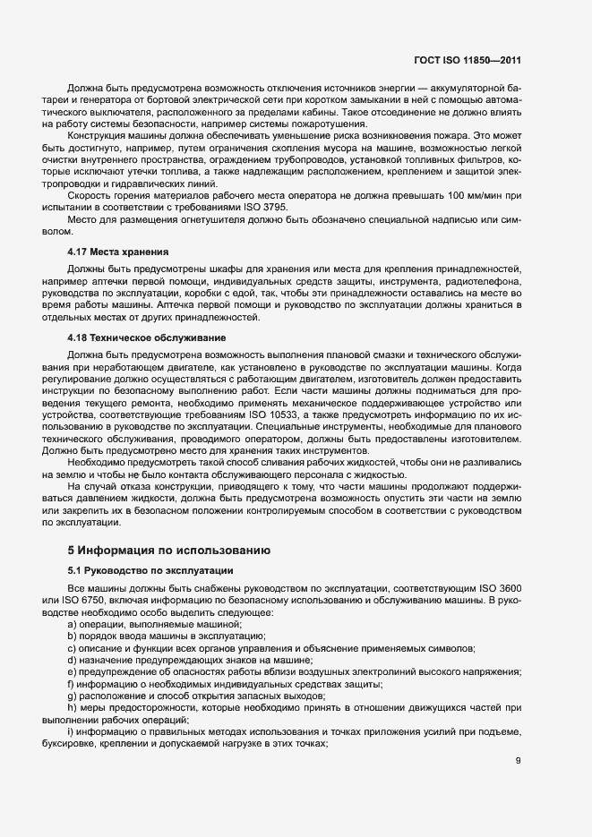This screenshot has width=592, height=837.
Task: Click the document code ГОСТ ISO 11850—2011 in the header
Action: [468, 60]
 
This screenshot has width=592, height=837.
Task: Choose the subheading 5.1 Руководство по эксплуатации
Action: [150, 569]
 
